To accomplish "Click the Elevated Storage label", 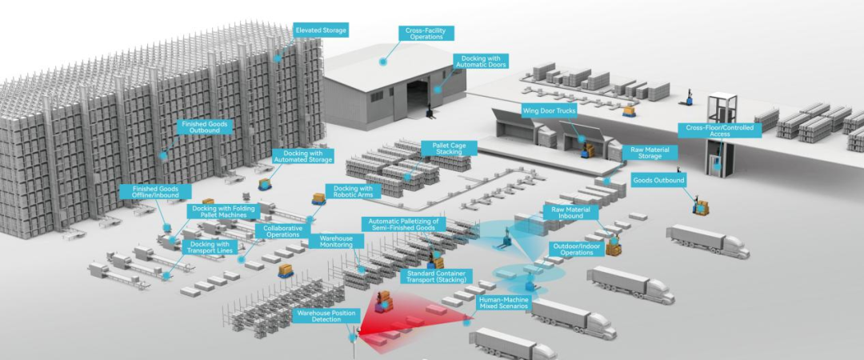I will [x=321, y=30].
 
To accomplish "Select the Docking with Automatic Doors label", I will [x=480, y=61].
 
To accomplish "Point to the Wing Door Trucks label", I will [x=549, y=110].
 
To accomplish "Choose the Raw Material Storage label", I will [x=650, y=153].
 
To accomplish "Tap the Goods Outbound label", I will [x=658, y=180].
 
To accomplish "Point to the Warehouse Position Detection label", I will [x=326, y=316].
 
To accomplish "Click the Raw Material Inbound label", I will [x=571, y=211].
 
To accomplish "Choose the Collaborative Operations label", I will [x=282, y=231].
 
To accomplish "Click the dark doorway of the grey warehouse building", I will [x=419, y=99].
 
